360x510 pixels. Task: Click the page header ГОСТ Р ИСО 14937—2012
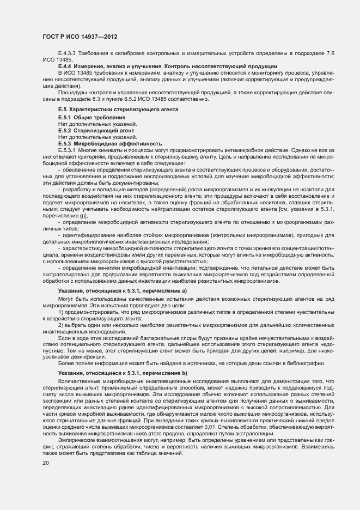(x=81, y=37)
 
